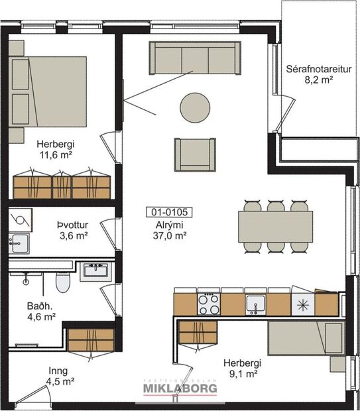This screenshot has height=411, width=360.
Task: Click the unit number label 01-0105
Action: tap(168, 213)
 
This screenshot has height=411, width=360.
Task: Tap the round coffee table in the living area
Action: tap(195, 107)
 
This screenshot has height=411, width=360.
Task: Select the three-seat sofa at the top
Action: tap(194, 58)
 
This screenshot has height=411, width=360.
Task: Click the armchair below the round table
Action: tap(195, 154)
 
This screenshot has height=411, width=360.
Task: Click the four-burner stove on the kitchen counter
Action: tap(209, 304)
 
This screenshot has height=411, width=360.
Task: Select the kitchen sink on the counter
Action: tap(255, 304)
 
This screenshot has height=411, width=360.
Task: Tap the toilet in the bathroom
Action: tap(63, 284)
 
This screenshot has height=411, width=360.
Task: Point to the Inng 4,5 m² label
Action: tap(59, 377)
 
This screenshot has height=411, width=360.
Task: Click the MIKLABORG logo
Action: tap(180, 390)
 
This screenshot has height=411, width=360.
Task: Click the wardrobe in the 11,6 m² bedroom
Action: tap(62, 185)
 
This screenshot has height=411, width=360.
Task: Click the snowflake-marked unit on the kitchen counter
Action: tap(302, 304)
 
